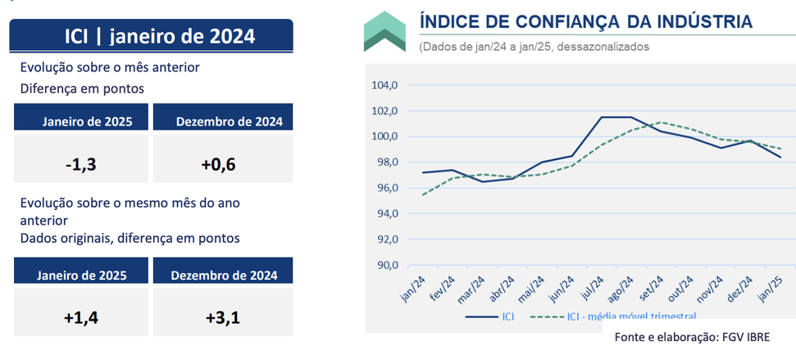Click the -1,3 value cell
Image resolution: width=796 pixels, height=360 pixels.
coord(80,158)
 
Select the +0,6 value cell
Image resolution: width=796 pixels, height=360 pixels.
coord(223,158)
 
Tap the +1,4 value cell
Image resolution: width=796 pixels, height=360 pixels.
coord(80,312)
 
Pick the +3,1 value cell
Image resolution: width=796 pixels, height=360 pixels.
coord(223,312)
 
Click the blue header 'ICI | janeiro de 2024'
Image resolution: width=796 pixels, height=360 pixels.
coord(152,36)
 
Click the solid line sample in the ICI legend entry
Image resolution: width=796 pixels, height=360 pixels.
coord(482,317)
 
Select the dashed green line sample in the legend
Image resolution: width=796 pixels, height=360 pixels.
coord(548,317)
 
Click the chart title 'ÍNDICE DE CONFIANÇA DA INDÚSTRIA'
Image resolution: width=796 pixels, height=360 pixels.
coord(586,22)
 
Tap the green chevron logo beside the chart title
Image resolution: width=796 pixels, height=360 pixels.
coord(384,31)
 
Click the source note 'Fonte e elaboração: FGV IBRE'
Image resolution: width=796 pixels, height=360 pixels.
coord(693,337)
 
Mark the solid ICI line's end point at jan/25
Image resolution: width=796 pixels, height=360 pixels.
coord(780,157)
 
